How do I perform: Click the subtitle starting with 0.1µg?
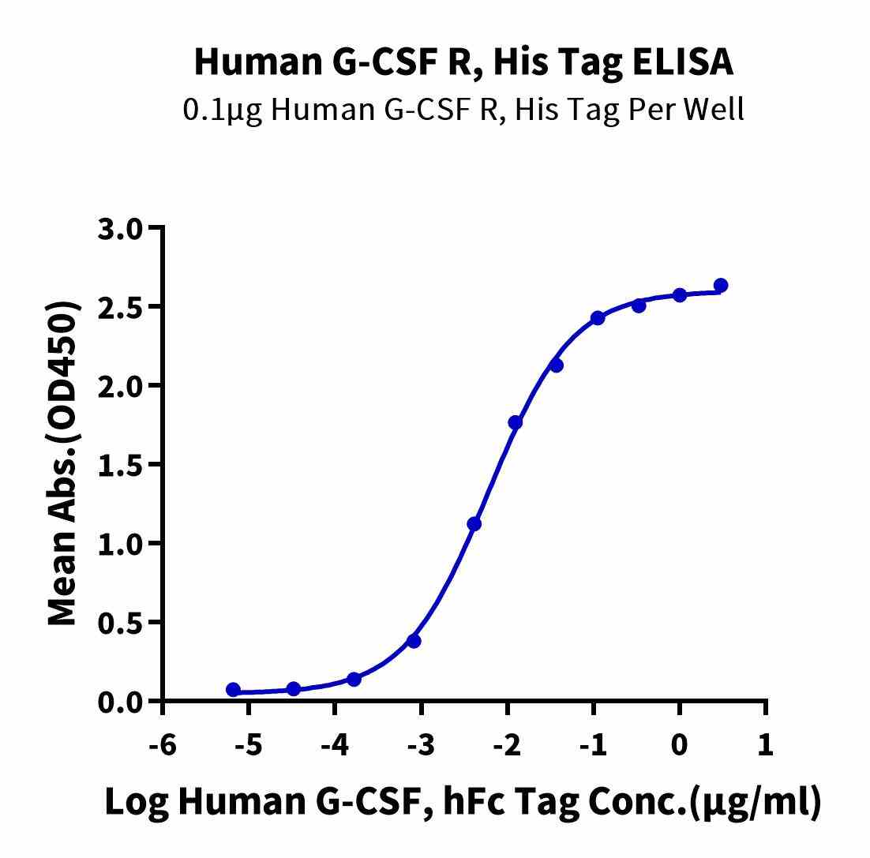pyautogui.click(x=463, y=110)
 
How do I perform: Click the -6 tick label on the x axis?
pyautogui.click(x=163, y=746)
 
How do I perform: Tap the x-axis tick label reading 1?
pyautogui.click(x=765, y=746)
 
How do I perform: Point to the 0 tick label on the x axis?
pyautogui.click(x=680, y=746)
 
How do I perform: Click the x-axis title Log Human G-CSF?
pyautogui.click(x=463, y=802)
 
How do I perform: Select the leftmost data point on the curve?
pyautogui.click(x=233, y=690)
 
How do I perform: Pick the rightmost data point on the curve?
pyautogui.click(x=720, y=285)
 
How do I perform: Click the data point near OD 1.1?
pyautogui.click(x=474, y=524)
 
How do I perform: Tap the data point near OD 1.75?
pyautogui.click(x=516, y=422)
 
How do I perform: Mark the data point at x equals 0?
pyautogui.click(x=680, y=295)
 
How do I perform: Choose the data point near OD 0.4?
pyautogui.click(x=414, y=641)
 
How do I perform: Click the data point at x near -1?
pyautogui.click(x=598, y=318)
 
